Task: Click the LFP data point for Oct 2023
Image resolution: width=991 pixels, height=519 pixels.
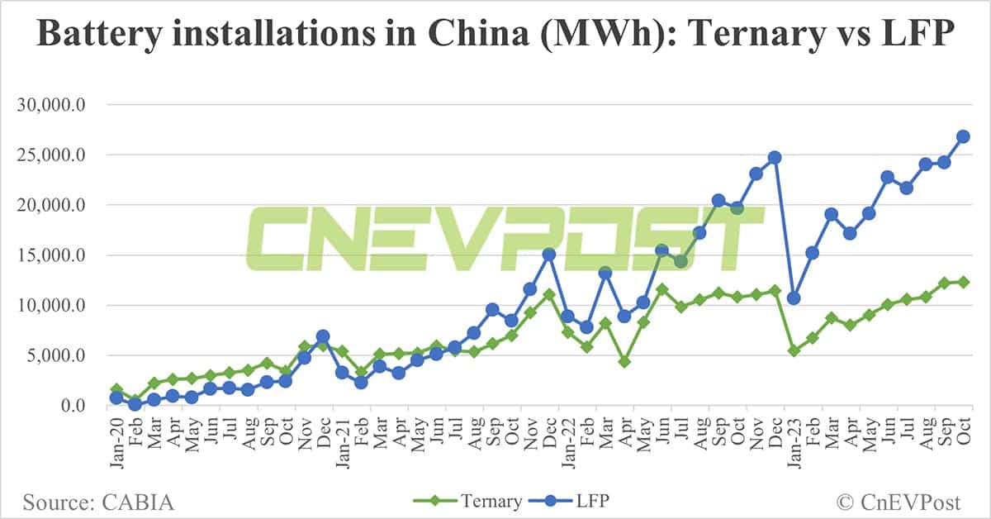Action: (963, 136)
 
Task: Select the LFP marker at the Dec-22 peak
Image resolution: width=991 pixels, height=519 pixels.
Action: (775, 157)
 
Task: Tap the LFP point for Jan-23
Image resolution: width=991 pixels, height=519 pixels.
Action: (794, 298)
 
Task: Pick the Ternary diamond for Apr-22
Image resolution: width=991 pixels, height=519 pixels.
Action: (624, 362)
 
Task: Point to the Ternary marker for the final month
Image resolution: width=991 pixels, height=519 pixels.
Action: (963, 282)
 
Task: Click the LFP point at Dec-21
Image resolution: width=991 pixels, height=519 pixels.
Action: (548, 254)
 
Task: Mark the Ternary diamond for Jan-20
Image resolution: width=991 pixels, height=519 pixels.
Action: (116, 389)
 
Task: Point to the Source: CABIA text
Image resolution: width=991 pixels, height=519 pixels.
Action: (99, 501)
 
